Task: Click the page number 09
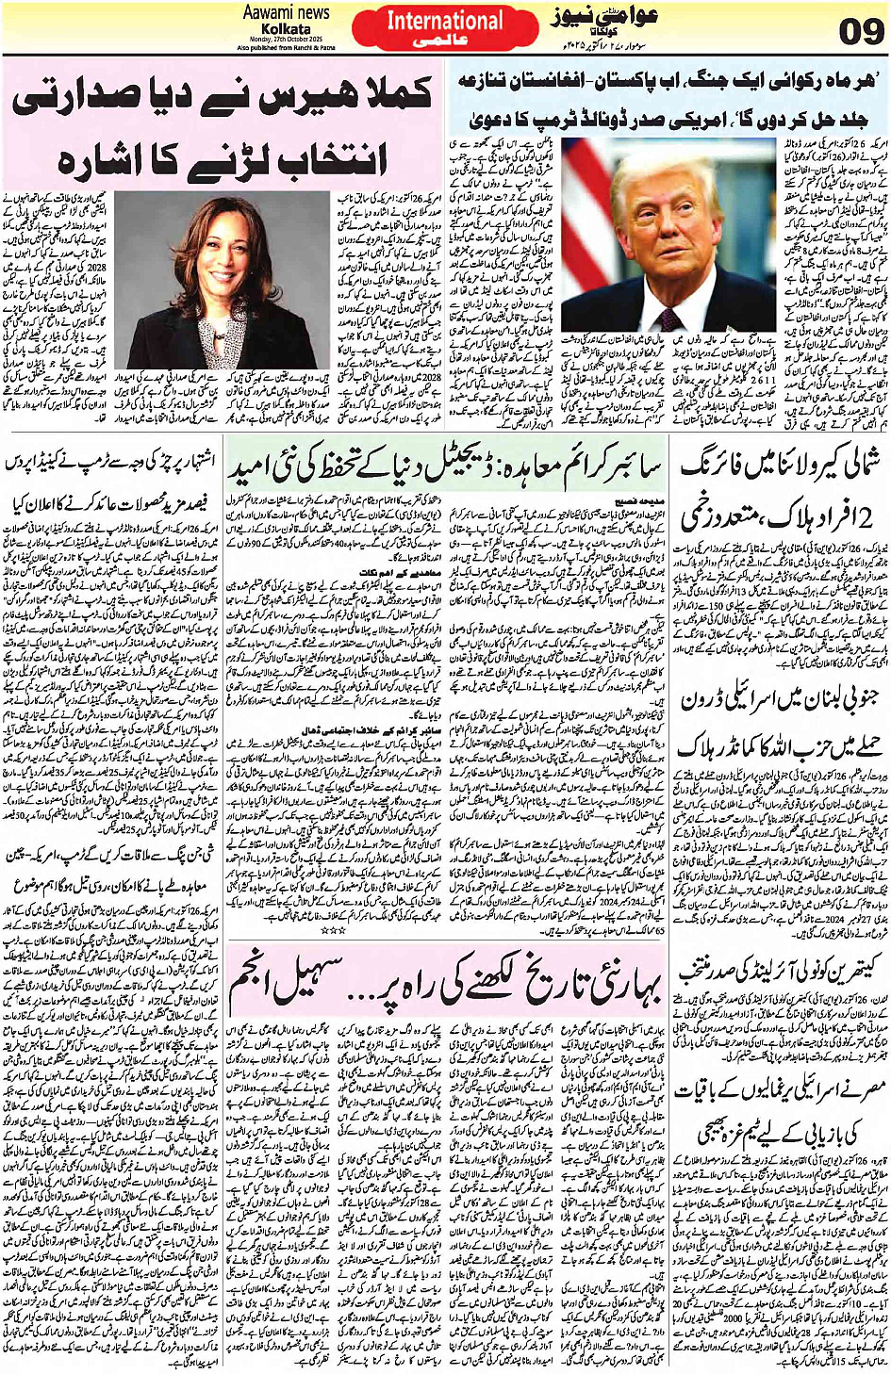click(x=860, y=32)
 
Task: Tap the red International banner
click(x=445, y=28)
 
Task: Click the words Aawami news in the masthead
click(x=286, y=12)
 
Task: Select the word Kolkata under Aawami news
click(x=286, y=28)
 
